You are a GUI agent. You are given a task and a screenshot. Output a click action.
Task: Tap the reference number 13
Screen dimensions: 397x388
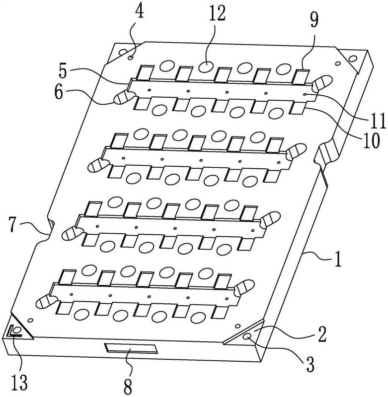[x=20, y=383]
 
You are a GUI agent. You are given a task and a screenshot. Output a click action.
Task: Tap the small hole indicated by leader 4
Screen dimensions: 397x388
[x=131, y=58]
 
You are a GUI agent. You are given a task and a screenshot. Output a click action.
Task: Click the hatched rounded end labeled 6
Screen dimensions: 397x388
[x=121, y=97]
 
